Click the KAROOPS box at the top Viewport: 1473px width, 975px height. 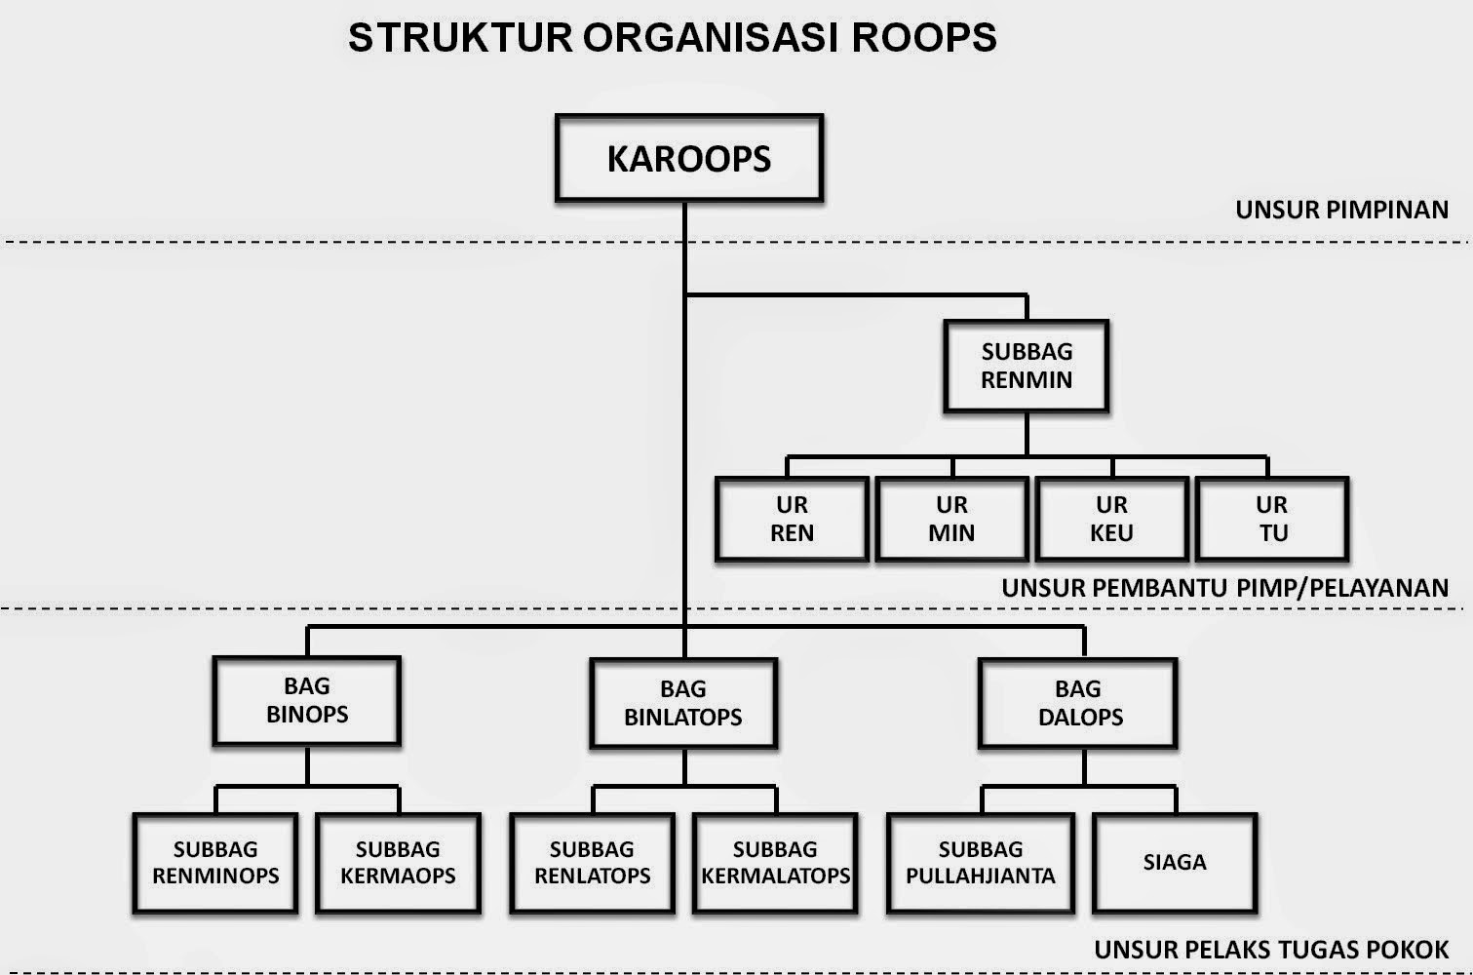(688, 158)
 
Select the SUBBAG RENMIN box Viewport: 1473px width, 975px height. (1026, 366)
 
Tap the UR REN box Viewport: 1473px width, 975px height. (792, 519)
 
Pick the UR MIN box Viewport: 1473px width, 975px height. (951, 519)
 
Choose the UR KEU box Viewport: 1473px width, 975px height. (1111, 519)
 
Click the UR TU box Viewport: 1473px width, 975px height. (1271, 519)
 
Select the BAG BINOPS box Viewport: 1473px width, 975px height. (306, 701)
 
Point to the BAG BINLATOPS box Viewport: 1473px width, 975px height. (682, 703)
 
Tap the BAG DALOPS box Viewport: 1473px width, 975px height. (1078, 703)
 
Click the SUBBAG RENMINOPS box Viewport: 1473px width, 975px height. (214, 863)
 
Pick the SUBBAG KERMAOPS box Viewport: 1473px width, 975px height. (398, 863)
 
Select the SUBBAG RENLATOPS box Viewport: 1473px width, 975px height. (592, 863)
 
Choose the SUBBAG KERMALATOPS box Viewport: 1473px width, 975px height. (775, 863)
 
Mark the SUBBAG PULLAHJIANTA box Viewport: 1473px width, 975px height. (980, 863)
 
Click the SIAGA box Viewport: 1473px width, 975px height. (1174, 863)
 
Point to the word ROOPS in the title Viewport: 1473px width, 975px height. (924, 38)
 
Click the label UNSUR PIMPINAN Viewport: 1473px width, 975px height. (1341, 210)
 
